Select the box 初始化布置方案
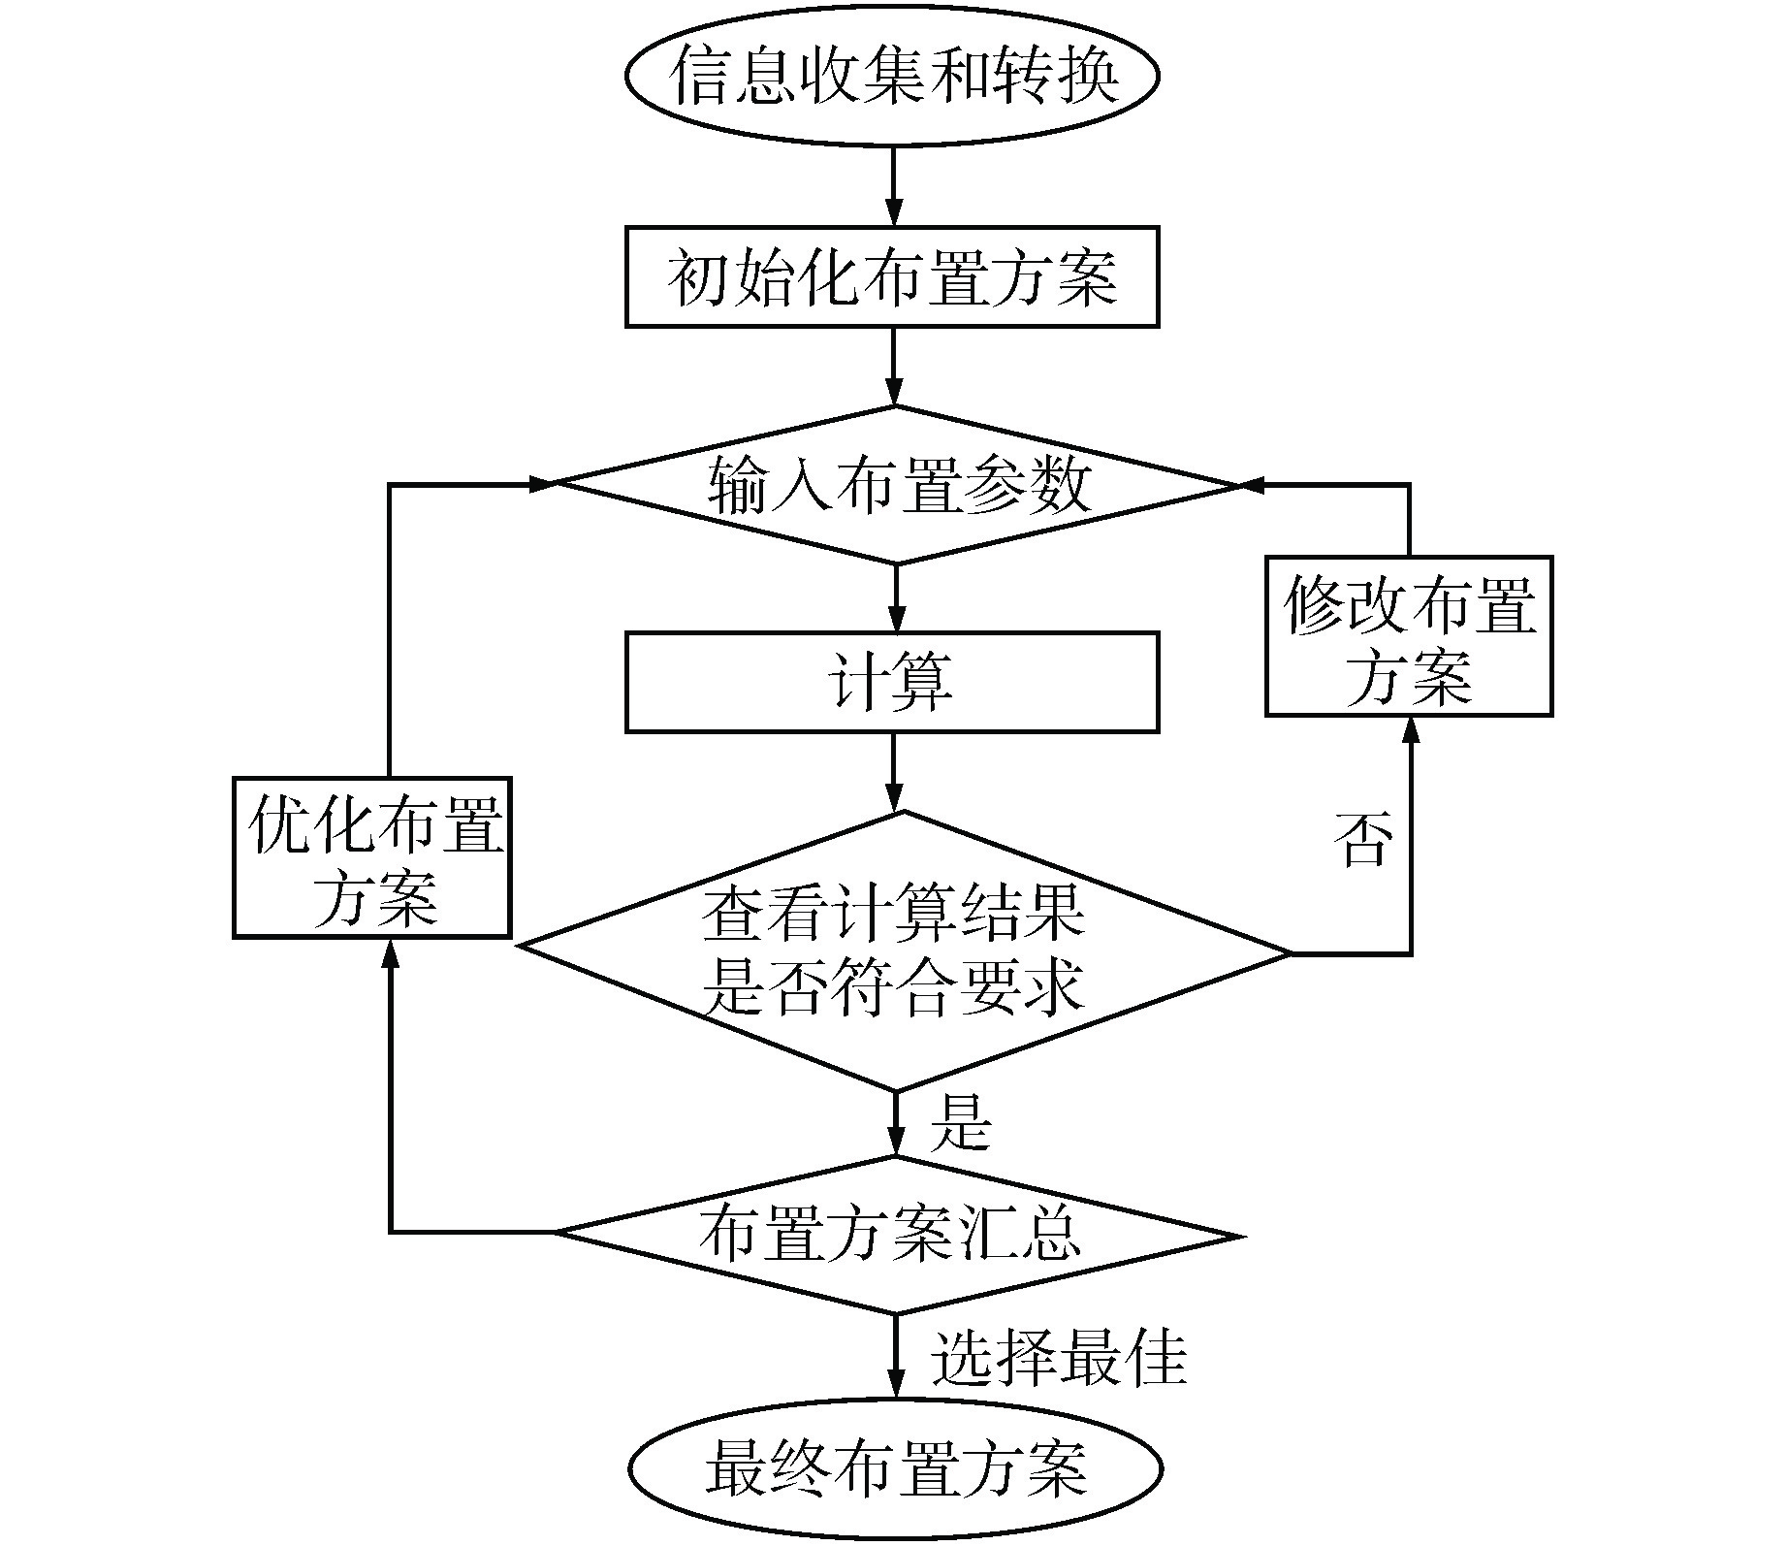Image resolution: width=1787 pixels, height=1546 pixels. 892,277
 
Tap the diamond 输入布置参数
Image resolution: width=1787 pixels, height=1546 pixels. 896,484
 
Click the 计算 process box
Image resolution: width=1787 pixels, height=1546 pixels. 892,682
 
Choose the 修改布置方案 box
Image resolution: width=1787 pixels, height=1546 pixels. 1409,636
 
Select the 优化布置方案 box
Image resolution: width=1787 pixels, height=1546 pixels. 372,857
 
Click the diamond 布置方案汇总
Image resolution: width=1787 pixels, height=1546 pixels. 896,1235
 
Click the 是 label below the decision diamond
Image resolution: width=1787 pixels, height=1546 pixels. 960,1123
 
